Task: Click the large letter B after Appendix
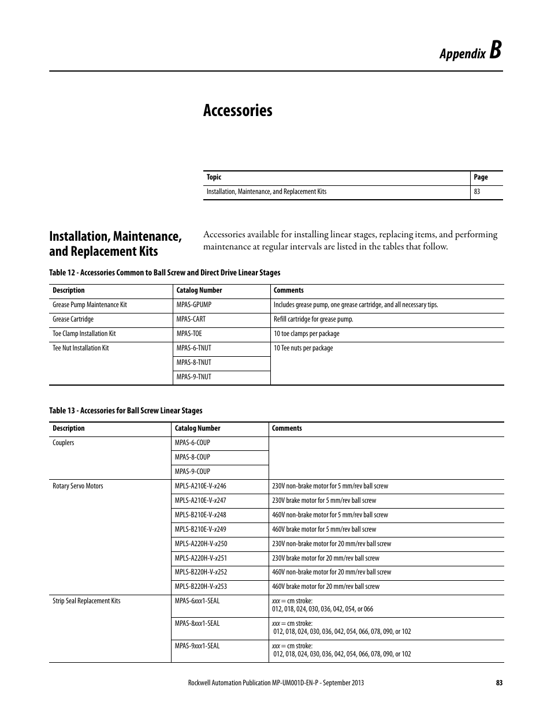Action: tap(496, 51)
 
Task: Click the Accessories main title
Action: tap(237, 110)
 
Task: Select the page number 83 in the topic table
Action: tap(477, 192)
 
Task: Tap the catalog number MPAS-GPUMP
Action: tap(193, 305)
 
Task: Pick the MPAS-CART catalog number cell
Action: tap(191, 319)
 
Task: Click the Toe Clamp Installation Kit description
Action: tap(84, 334)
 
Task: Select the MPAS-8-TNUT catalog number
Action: tap(193, 363)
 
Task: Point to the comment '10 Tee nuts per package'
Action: tap(303, 348)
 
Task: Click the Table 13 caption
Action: tap(125, 410)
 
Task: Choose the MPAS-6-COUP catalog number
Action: tap(192, 443)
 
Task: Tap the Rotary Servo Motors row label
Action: tap(77, 486)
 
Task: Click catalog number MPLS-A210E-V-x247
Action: tap(200, 501)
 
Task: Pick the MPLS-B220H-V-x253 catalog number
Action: tap(200, 587)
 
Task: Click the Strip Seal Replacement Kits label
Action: tap(86, 601)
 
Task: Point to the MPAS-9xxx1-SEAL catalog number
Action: tap(197, 646)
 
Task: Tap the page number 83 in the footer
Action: tap(499, 682)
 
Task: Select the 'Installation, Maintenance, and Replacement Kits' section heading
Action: tap(116, 244)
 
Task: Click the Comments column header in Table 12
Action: tap(288, 290)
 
